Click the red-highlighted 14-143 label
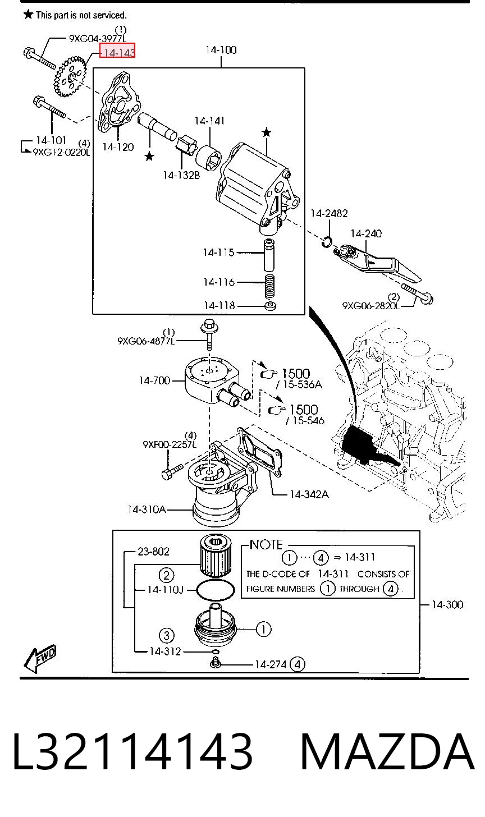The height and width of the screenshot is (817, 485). (117, 51)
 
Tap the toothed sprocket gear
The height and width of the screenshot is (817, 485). (71, 76)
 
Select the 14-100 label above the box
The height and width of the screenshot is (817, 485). (221, 49)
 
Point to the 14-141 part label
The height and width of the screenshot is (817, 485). (209, 121)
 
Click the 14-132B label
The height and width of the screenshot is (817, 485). (181, 176)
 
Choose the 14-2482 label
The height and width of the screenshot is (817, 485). (329, 213)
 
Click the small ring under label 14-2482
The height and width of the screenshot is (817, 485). (327, 241)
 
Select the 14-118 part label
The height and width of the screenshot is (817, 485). (219, 306)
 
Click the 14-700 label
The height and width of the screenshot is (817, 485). (154, 380)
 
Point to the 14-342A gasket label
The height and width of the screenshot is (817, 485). (309, 494)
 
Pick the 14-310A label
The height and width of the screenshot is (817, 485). (147, 509)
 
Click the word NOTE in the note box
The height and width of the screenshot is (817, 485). (266, 544)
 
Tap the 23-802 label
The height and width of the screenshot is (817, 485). (153, 551)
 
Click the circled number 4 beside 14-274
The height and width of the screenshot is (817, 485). (297, 664)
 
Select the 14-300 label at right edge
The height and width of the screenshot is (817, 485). (447, 605)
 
